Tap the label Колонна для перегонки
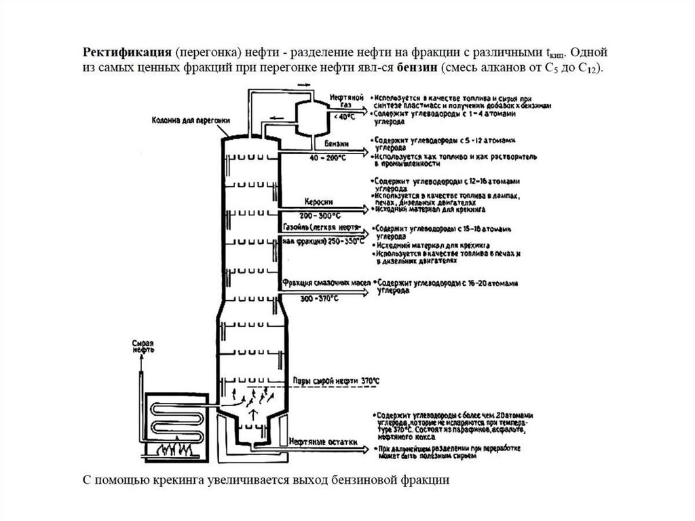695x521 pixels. tap(191, 120)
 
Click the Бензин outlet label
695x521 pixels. tap(338, 143)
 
